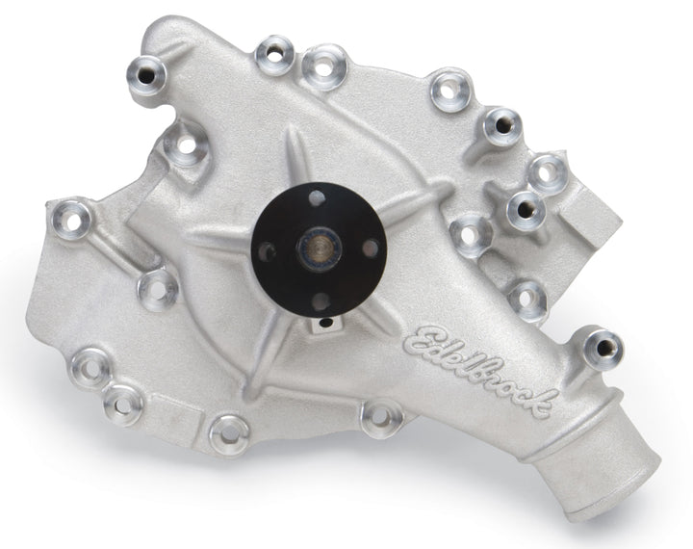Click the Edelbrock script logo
(x=479, y=371)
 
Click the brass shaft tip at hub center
(x=320, y=248)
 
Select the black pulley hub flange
(x=319, y=250)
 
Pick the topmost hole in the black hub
(x=316, y=198)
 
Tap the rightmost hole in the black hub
(x=371, y=248)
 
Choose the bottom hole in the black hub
(x=321, y=301)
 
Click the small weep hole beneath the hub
(x=325, y=323)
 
